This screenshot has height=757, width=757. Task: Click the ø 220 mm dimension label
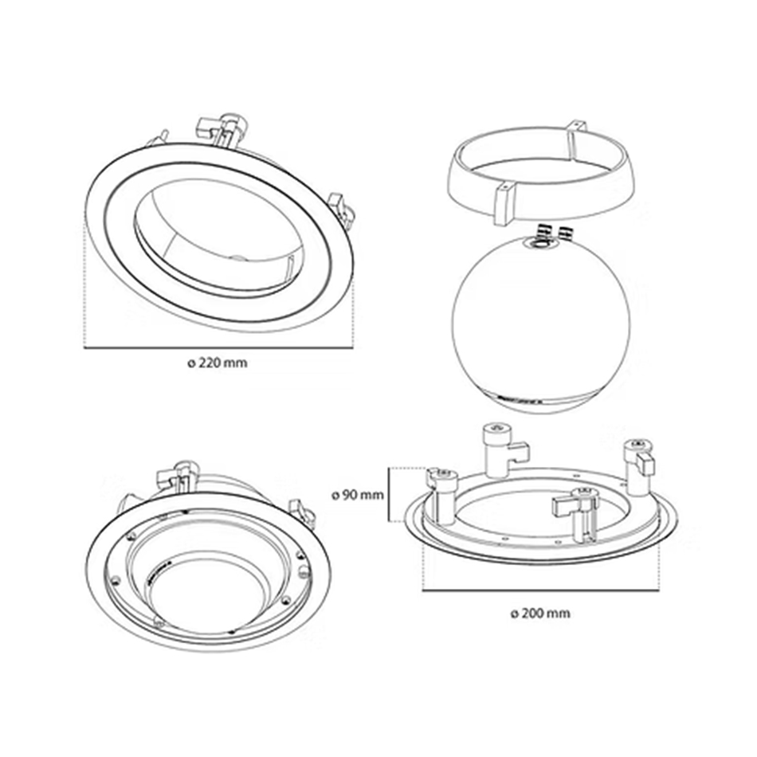pos(218,363)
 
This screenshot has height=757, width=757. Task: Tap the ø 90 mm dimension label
pos(358,495)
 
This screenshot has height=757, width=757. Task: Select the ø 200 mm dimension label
pos(540,614)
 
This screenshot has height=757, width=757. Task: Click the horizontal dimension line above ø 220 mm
pos(218,347)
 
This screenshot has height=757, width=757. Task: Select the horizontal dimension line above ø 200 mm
pos(541,590)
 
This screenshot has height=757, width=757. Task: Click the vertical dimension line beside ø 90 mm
pos(389,495)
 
